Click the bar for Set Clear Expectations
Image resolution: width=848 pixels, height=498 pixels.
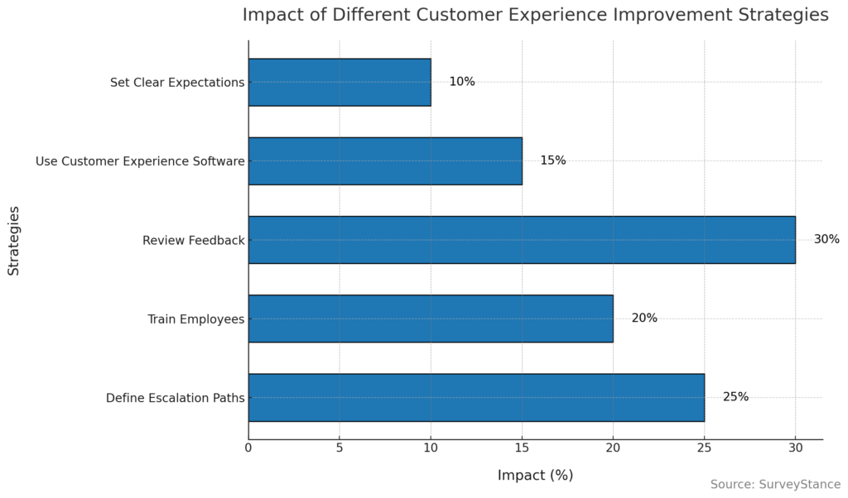coord(340,82)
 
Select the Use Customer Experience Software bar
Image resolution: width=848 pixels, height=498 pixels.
coord(385,160)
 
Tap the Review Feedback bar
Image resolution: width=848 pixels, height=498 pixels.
coord(522,240)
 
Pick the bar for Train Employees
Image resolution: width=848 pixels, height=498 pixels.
coord(431,318)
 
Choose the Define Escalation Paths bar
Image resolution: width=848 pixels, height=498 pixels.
coord(476,397)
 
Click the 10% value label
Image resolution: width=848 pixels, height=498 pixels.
coord(462,82)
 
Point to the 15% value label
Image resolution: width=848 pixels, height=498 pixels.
coord(553,160)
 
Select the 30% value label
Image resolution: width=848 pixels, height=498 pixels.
coord(826,240)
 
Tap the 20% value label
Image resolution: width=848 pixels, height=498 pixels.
coord(644,318)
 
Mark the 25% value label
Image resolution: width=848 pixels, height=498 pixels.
coord(735,397)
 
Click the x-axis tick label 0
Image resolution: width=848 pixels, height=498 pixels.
coord(248,448)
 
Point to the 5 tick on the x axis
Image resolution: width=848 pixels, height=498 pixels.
coord(340,448)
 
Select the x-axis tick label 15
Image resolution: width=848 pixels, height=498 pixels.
coord(522,448)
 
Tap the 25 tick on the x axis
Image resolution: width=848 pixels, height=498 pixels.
coord(704,448)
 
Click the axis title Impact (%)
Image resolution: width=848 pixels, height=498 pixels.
coord(535,475)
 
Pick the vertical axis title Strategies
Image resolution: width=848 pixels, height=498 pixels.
coord(14,240)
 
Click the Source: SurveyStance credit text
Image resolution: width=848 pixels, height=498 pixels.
coord(775,484)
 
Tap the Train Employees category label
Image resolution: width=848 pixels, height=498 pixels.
coord(196,318)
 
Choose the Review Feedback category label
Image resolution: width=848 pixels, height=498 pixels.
coord(194,240)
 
